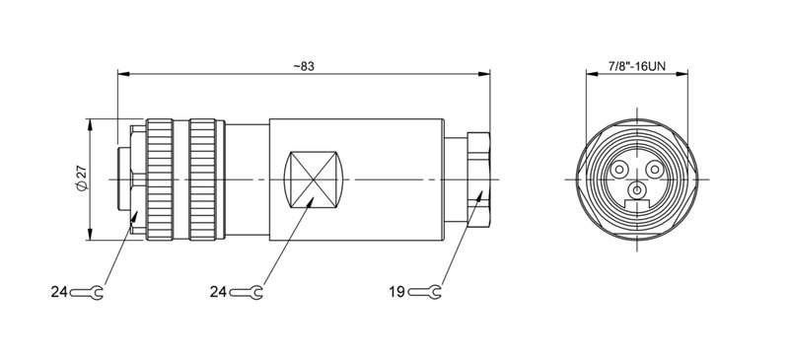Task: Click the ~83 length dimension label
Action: pos(304,66)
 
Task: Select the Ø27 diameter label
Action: pos(80,179)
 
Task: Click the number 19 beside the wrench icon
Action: pos(396,292)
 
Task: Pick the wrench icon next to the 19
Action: pos(425,292)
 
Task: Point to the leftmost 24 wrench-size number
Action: pos(59,292)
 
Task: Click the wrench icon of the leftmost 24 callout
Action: pos(88,292)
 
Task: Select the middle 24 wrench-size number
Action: pos(218,292)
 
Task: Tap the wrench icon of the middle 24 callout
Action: pos(247,292)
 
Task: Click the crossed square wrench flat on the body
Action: pos(314,179)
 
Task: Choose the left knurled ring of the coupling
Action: pos(161,179)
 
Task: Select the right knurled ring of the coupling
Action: pos(204,179)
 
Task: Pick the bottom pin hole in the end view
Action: pos(637,188)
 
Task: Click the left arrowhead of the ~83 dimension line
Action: pos(123,72)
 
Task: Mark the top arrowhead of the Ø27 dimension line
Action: pos(90,124)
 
